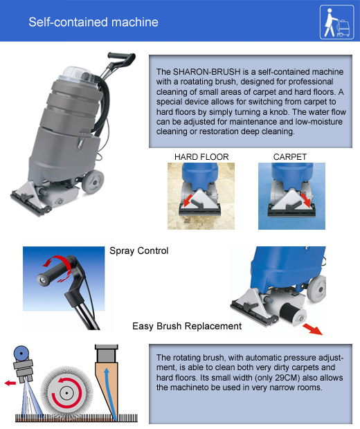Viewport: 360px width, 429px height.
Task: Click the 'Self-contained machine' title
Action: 93,22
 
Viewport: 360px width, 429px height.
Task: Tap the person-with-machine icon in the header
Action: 336,22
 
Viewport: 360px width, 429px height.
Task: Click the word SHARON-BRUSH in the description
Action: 207,72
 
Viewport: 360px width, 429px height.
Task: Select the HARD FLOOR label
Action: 201,157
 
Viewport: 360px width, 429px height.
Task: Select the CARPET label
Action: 290,157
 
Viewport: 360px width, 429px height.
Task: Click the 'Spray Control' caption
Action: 138,250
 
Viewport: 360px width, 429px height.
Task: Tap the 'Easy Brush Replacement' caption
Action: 187,326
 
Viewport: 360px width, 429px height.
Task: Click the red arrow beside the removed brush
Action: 312,329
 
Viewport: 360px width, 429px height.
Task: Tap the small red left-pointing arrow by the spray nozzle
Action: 10,383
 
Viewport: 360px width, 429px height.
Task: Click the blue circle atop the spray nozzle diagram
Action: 21,353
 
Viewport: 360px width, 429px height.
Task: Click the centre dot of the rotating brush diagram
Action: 66,393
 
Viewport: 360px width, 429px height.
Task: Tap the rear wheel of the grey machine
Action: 93,181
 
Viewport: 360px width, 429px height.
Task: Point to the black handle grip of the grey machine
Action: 121,57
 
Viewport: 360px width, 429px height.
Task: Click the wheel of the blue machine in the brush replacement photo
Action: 317,289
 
